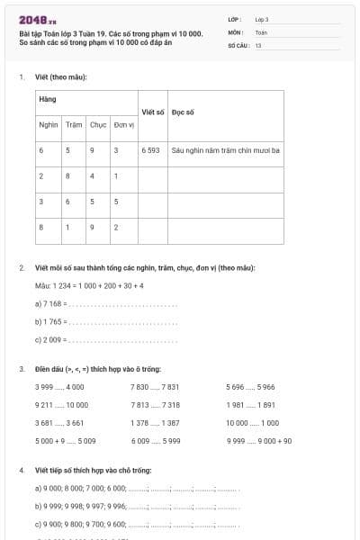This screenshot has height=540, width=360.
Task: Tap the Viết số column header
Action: click(152, 112)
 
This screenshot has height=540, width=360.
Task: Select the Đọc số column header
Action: click(183, 112)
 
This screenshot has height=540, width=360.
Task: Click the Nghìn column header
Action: click(49, 124)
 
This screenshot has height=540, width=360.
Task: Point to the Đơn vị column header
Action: click(124, 124)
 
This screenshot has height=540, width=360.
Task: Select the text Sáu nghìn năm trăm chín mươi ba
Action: click(225, 150)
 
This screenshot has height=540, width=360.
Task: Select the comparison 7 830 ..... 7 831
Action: click(155, 387)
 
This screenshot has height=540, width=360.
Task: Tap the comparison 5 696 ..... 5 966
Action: click(250, 387)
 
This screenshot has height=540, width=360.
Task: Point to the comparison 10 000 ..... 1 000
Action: click(252, 423)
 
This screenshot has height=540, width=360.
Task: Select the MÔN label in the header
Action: click(236, 31)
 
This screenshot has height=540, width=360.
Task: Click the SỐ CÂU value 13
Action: click(258, 44)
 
